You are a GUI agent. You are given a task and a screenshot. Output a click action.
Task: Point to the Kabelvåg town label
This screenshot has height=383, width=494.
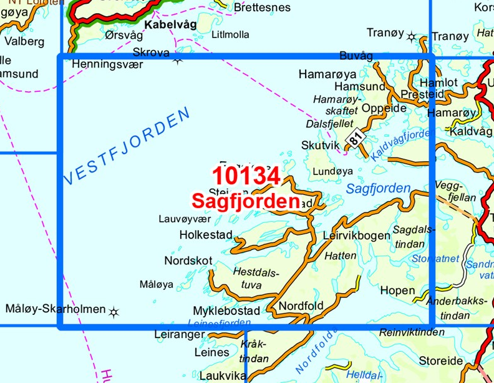click(x=170, y=25)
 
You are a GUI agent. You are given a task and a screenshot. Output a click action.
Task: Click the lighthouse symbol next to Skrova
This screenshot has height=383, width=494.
click(x=178, y=60)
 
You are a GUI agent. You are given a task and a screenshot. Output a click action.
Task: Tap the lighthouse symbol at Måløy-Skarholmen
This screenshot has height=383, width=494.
click(x=114, y=311)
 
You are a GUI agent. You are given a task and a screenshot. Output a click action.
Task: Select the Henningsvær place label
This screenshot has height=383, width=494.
click(x=107, y=64)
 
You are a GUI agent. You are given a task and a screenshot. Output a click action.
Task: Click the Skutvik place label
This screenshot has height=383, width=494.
click(x=320, y=145)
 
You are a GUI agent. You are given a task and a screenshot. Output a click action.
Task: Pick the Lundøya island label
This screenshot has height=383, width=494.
click(x=332, y=170)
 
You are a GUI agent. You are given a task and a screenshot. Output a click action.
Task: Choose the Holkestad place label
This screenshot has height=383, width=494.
click(x=205, y=235)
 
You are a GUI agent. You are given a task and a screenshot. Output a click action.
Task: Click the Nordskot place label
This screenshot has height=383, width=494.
click(x=188, y=261)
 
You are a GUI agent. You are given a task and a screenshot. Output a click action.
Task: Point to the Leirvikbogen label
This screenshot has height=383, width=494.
click(x=357, y=236)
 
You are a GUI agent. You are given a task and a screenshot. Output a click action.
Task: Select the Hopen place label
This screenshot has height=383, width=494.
click(x=397, y=291)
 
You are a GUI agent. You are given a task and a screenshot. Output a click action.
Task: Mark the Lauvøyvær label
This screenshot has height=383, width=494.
click(x=185, y=219)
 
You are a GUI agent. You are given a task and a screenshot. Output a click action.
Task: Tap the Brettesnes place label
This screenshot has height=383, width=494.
click(x=262, y=7)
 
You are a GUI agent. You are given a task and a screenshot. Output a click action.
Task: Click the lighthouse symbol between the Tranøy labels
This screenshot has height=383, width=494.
click(x=411, y=36)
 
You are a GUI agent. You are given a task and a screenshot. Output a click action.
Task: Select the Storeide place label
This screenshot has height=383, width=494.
click(x=441, y=361)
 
